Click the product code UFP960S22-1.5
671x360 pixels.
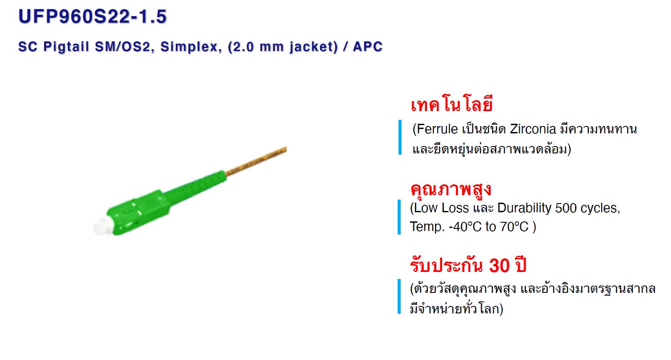click(92, 17)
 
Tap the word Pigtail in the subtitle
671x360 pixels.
click(66, 47)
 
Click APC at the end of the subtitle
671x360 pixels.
click(368, 47)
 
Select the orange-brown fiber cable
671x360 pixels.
click(256, 160)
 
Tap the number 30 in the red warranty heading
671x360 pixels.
click(499, 265)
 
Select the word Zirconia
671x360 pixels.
click(533, 129)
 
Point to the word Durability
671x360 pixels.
click(524, 208)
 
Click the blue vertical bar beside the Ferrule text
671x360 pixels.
click(400, 137)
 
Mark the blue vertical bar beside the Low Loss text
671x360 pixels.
click(399, 217)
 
